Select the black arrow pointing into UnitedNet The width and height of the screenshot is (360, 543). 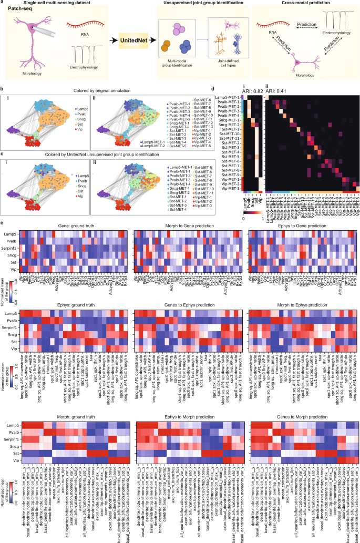click(110, 40)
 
